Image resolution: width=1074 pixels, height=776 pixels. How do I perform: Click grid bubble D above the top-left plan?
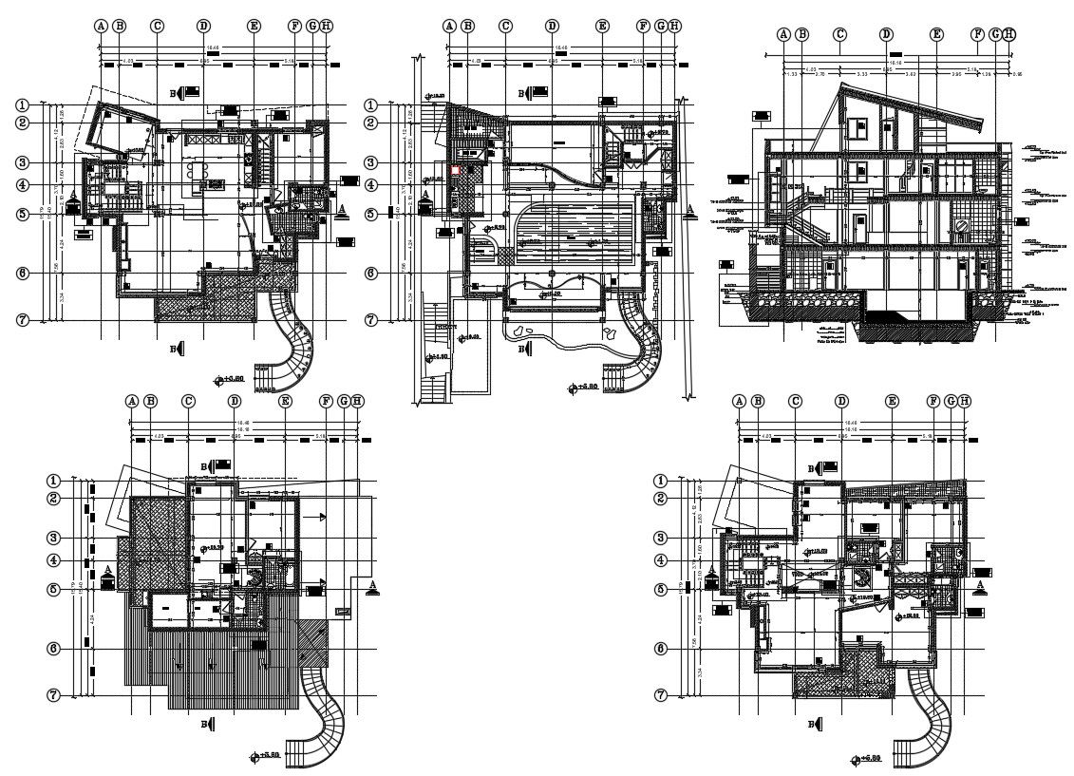tap(203, 27)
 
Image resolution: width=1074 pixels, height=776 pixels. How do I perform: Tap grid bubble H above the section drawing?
tap(1009, 34)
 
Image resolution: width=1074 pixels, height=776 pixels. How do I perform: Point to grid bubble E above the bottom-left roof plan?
tap(285, 402)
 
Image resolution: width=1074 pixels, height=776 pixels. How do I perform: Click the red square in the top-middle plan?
tap(455, 170)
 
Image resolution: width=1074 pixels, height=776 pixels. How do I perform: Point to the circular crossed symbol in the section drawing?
tap(962, 226)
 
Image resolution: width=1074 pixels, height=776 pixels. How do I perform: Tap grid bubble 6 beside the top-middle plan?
tap(373, 274)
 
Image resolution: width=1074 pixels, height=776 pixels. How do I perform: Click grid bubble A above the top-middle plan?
tap(449, 27)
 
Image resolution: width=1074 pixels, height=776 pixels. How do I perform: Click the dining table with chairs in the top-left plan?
tap(198, 172)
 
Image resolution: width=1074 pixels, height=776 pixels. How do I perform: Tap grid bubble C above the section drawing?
tap(839, 34)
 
